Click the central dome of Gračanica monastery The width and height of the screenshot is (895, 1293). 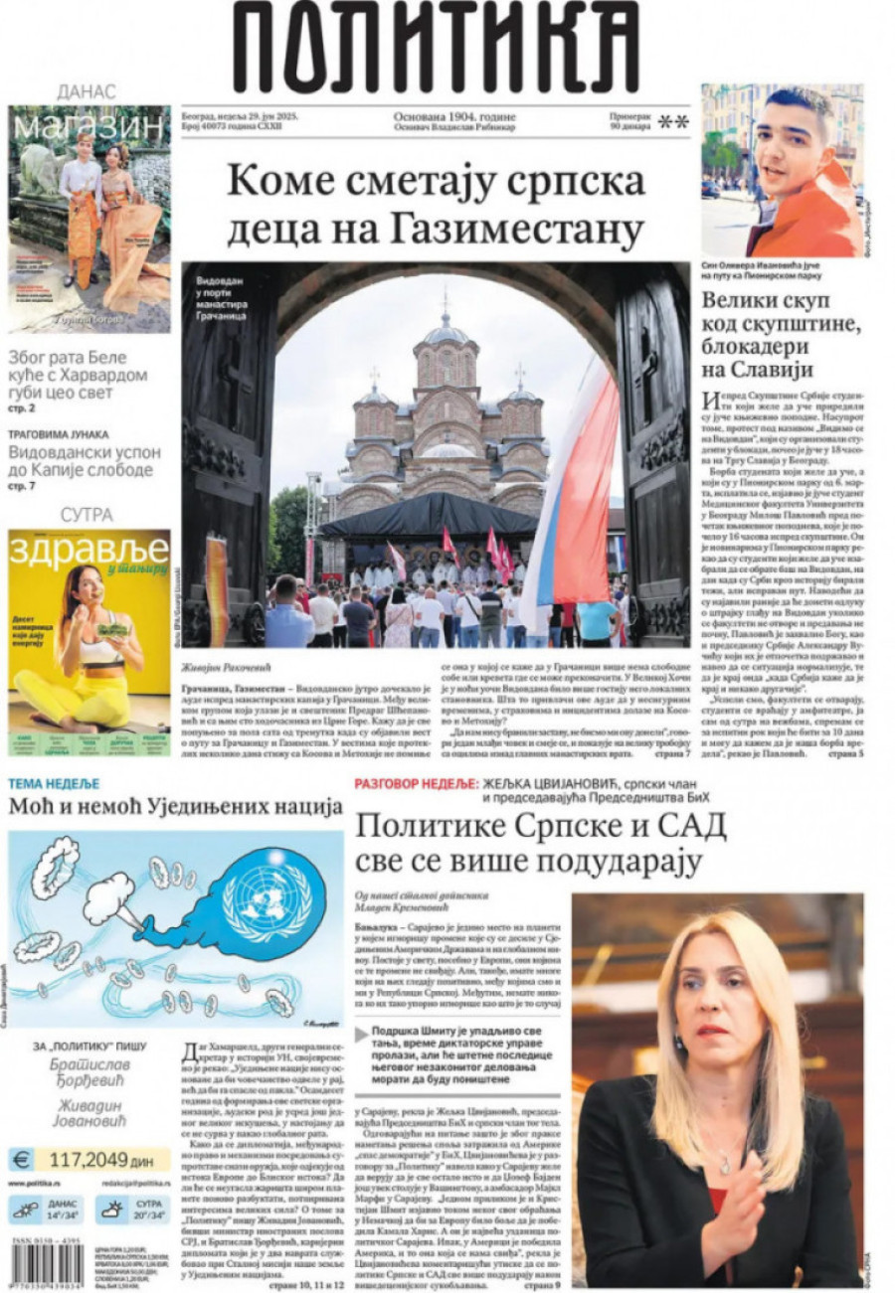click(x=447, y=343)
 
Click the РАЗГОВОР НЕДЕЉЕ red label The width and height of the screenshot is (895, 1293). click(x=418, y=783)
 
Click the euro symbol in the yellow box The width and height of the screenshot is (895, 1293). click(x=21, y=1159)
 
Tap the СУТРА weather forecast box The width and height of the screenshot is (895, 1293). click(x=132, y=1210)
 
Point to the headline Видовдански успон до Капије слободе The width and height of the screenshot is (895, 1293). click(x=85, y=460)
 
